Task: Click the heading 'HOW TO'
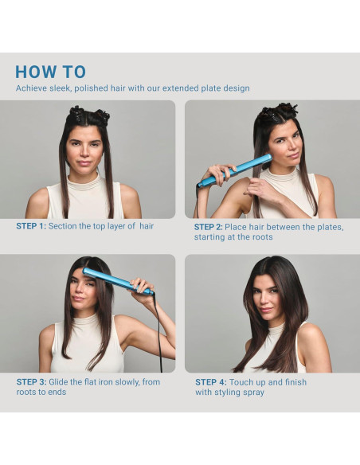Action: tap(50, 72)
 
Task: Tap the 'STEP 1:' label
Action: tap(31, 226)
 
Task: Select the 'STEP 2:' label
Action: tap(208, 227)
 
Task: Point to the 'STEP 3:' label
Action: tap(31, 382)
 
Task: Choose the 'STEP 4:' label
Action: tap(211, 382)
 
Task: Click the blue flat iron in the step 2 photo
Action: tap(234, 170)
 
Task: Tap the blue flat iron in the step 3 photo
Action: tap(118, 281)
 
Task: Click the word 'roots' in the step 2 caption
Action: tap(262, 237)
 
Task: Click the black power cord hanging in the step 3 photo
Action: tap(158, 332)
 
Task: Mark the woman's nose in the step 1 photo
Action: tap(84, 153)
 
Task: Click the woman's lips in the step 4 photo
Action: tap(266, 311)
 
